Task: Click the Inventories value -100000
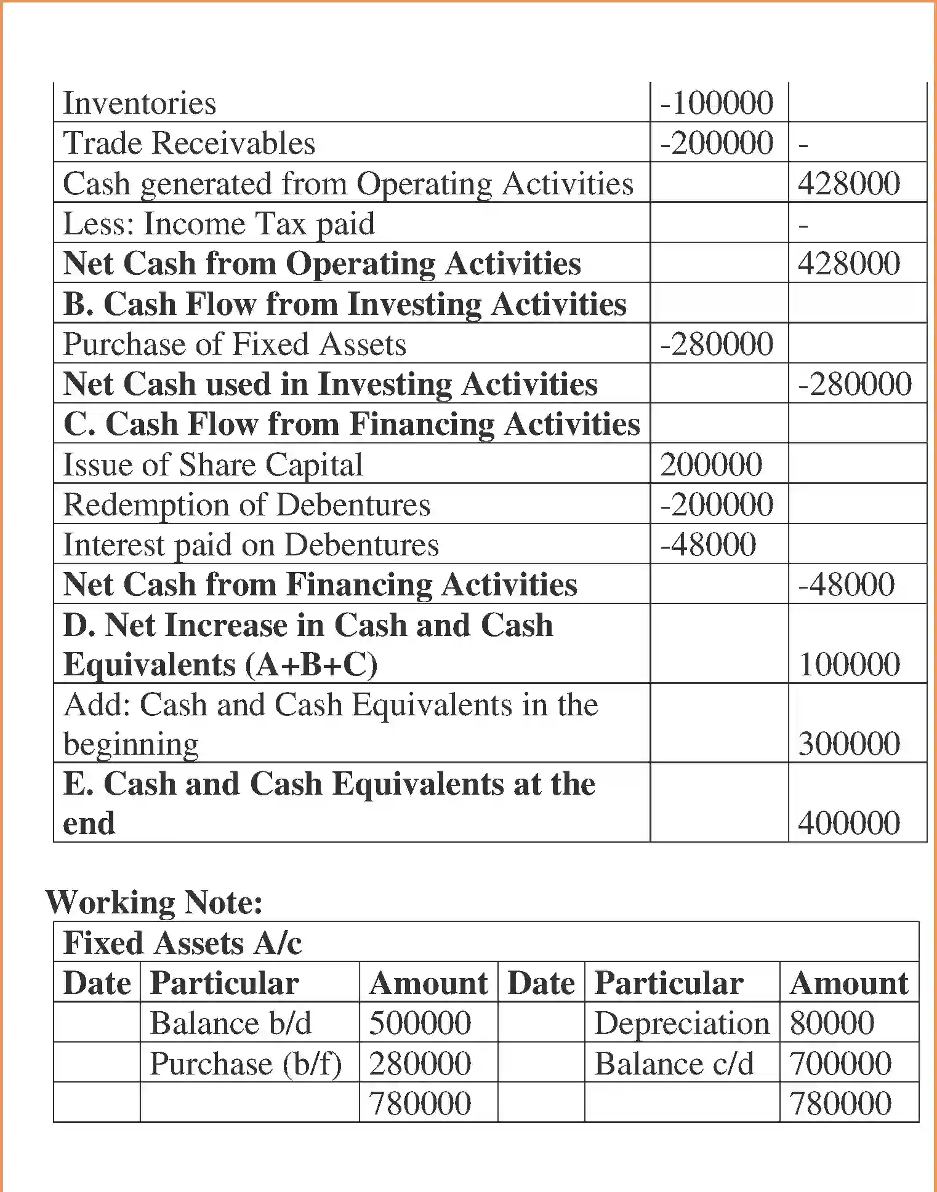click(717, 103)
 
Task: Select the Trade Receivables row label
click(189, 143)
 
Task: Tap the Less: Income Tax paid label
click(219, 223)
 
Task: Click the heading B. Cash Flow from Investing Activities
click(345, 304)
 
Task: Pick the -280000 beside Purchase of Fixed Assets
click(717, 344)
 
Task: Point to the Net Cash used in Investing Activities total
click(855, 384)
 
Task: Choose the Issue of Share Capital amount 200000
click(711, 464)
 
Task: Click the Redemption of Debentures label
click(247, 505)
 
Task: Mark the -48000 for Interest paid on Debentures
click(708, 544)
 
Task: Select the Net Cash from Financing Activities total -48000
click(846, 584)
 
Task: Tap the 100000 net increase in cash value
click(849, 664)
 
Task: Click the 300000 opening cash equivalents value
click(849, 744)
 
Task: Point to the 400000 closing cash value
click(849, 823)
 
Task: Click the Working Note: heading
click(155, 902)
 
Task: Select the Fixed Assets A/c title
click(183, 943)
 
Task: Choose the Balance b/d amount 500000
click(420, 1023)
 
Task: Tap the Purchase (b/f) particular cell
click(246, 1063)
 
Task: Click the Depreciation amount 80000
click(832, 1023)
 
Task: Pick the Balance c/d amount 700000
click(840, 1063)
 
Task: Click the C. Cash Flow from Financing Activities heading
click(352, 424)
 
